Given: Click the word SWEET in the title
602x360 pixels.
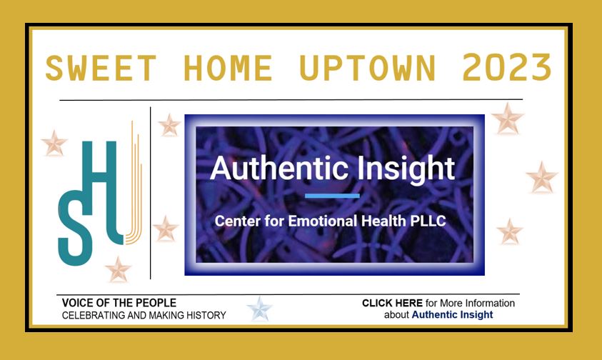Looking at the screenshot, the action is pyautogui.click(x=101, y=68).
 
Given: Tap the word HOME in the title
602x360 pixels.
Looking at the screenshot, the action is pyautogui.click(x=228, y=68).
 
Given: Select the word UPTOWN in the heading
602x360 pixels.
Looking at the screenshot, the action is pyautogui.click(x=368, y=68).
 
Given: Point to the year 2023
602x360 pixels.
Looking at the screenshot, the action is pyautogui.click(x=507, y=68).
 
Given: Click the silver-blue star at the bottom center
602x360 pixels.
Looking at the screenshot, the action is pyautogui.click(x=259, y=309).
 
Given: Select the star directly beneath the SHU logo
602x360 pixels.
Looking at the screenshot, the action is pyautogui.click(x=118, y=269).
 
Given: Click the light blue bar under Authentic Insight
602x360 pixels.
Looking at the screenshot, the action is pyautogui.click(x=332, y=196).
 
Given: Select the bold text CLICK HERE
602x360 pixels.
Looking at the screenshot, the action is pyautogui.click(x=392, y=303).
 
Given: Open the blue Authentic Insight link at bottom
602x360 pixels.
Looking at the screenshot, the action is pyautogui.click(x=452, y=315).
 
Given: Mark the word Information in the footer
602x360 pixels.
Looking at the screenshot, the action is pyautogui.click(x=490, y=303).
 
